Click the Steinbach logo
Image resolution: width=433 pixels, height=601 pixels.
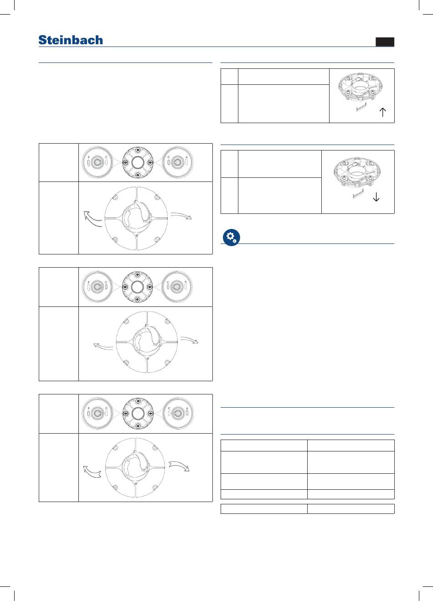click(x=71, y=40)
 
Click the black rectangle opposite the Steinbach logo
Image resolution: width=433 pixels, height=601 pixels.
click(x=385, y=42)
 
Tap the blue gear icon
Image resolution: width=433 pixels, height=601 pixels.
click(x=232, y=238)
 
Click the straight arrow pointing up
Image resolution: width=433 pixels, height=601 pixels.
click(x=383, y=112)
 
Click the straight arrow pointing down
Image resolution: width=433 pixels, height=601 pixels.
click(x=376, y=197)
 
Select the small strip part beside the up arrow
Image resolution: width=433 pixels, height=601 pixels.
click(x=361, y=107)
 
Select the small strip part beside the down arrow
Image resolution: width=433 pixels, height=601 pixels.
click(x=358, y=194)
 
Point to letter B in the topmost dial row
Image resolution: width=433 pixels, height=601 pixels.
click(x=89, y=157)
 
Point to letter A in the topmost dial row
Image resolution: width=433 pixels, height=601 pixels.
click(x=186, y=157)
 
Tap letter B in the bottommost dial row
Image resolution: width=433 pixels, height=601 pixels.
click(x=89, y=409)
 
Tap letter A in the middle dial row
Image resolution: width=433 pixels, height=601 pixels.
click(x=186, y=282)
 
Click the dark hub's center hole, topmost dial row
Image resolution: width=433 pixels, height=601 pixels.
click(x=138, y=162)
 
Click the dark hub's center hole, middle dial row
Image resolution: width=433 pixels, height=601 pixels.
click(x=137, y=286)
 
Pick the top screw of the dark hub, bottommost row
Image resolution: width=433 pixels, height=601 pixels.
click(x=138, y=401)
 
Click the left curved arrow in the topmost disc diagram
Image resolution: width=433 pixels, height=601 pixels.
click(x=92, y=219)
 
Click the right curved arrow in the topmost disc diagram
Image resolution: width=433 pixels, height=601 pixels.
click(x=181, y=215)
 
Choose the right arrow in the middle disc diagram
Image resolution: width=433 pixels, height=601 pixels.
click(x=189, y=340)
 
